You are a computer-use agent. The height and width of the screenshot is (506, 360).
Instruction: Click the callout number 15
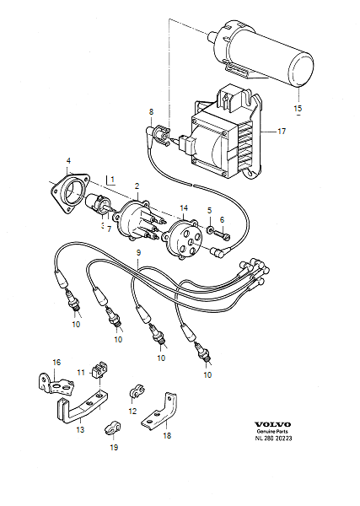point(295,109)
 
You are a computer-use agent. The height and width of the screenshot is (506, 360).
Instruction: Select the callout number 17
point(283,131)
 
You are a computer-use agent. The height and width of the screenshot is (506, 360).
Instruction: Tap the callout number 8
point(151,111)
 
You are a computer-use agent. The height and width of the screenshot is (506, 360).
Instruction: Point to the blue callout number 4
point(69,160)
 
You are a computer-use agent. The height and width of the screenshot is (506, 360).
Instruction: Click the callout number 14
point(185,207)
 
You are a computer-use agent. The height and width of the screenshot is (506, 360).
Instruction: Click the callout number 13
point(80,429)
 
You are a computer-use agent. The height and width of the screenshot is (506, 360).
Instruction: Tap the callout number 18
point(166,436)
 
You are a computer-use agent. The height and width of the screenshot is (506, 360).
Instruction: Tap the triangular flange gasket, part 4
point(70,189)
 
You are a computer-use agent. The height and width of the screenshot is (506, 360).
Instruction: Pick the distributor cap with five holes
point(183,238)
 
